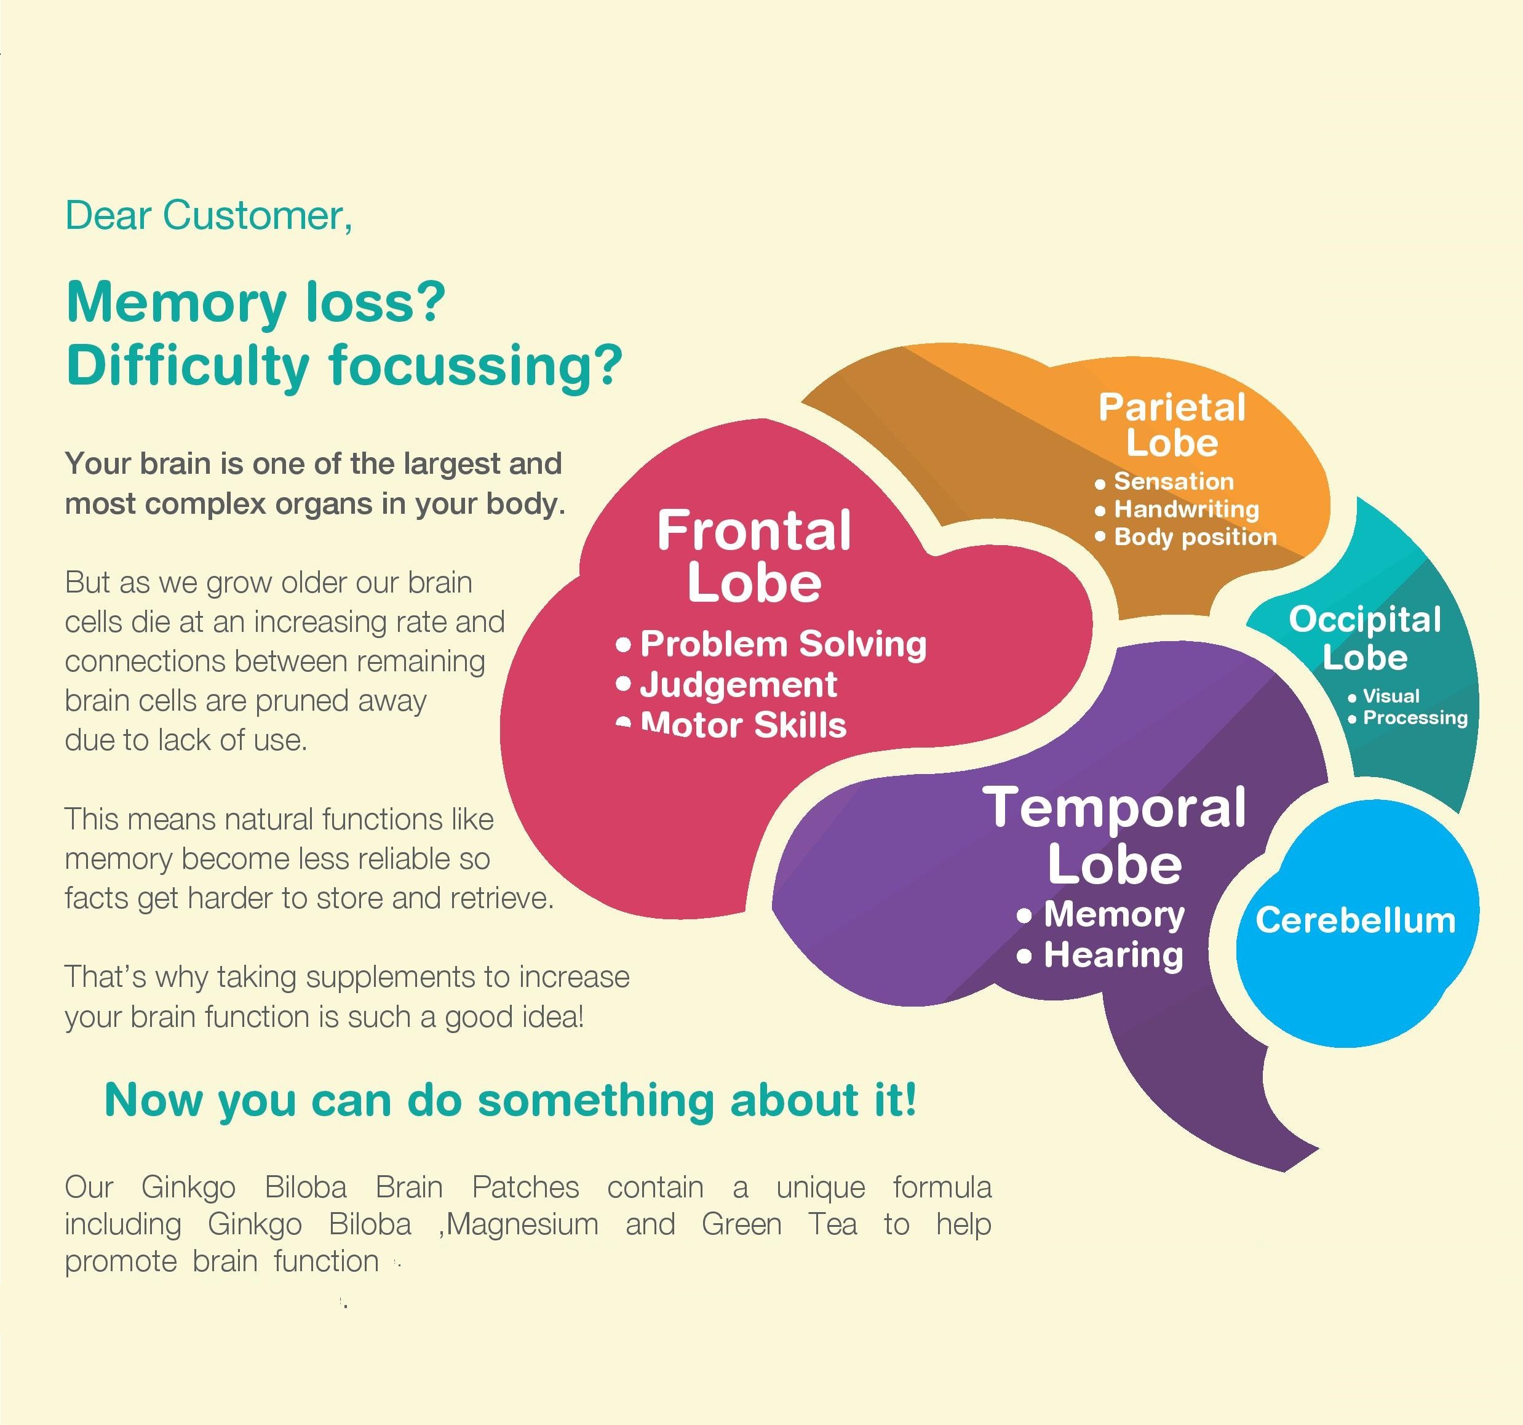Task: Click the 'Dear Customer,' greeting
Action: (x=209, y=215)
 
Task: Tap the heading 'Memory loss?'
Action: (x=256, y=302)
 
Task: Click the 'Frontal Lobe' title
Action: (x=754, y=556)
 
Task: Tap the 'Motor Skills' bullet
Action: (x=743, y=724)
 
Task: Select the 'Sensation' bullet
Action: (x=1174, y=481)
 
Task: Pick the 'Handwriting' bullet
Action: (x=1186, y=509)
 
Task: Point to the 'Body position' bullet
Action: (x=1195, y=537)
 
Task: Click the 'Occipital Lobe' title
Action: (x=1364, y=638)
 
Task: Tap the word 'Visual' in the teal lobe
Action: (x=1391, y=696)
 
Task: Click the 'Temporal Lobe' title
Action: (x=1115, y=835)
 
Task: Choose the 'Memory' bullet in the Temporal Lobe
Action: (x=1114, y=914)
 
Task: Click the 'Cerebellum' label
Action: (x=1355, y=919)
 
